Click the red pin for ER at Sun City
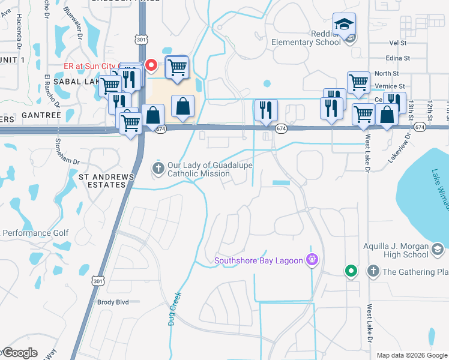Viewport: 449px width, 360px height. click(151, 65)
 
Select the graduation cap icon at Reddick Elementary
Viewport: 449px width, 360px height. click(344, 24)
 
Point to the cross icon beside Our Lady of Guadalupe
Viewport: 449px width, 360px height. click(158, 169)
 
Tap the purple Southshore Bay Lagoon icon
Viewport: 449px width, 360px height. click(312, 260)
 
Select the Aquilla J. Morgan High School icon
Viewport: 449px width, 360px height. click(437, 249)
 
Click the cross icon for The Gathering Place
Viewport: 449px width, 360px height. click(373, 272)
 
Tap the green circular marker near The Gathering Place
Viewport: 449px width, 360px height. click(351, 271)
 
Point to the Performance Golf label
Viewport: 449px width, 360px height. click(36, 233)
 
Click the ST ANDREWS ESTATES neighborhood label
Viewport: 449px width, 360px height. click(102, 181)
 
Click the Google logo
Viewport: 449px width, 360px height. click(19, 353)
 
